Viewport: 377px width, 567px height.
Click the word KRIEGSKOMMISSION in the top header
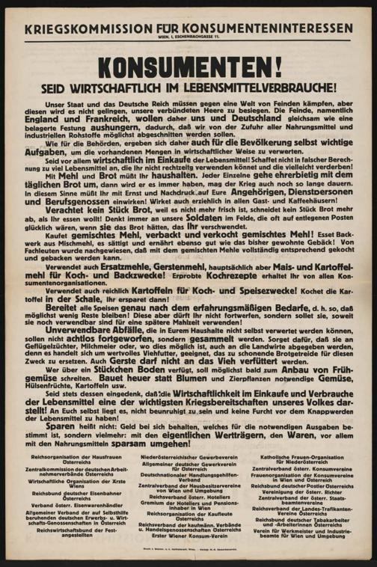coord(83,29)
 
